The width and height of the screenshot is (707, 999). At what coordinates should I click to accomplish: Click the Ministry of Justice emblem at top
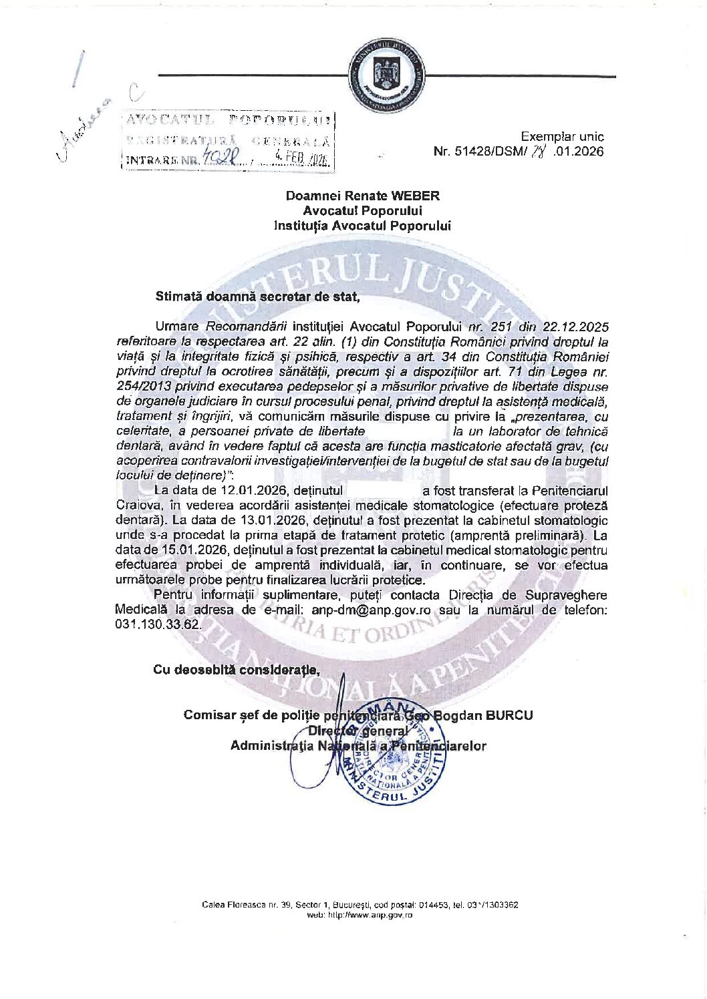tap(388, 78)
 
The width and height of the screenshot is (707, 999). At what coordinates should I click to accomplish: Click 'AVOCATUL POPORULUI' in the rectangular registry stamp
tap(228, 120)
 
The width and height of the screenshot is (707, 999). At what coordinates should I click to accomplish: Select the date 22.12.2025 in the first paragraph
tap(576, 327)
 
